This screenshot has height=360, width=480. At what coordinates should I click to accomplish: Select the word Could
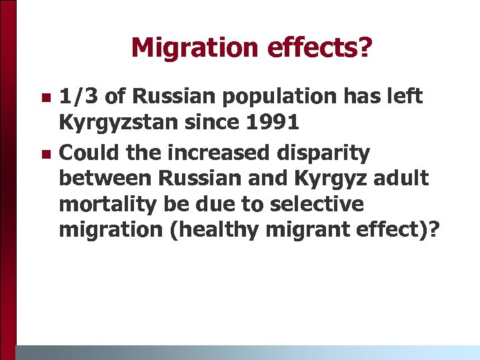[85, 153]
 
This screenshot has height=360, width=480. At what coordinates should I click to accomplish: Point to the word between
[104, 179]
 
